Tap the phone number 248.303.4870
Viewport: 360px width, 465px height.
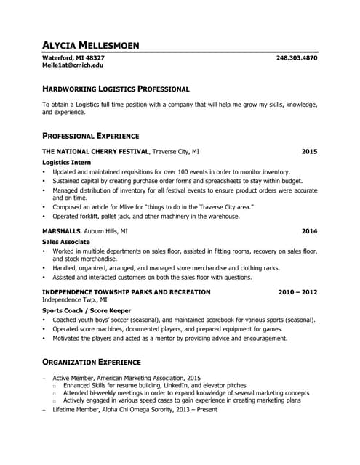pos(297,57)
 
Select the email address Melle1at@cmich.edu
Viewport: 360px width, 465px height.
pos(73,65)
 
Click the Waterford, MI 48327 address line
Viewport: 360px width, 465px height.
pos(73,57)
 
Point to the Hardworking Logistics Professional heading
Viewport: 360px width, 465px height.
pos(116,89)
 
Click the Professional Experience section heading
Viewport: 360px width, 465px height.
pos(91,136)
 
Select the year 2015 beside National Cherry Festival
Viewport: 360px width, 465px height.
pos(309,152)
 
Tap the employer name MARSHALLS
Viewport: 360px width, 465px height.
pos(62,231)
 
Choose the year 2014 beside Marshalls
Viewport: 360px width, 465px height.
pos(309,231)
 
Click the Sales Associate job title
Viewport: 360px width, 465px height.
pos(66,241)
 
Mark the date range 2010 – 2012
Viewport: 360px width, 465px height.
pos(297,291)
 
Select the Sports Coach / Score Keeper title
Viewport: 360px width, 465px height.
pos(84,310)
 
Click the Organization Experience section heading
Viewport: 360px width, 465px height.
pos(92,361)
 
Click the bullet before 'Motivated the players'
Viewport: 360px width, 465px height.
pos(44,338)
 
